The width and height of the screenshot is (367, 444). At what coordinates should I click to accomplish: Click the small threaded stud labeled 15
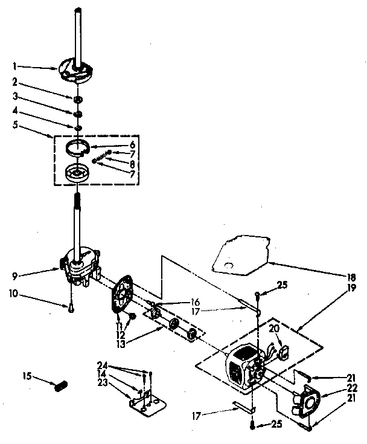point(60,385)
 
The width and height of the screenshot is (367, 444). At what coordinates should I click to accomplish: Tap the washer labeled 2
point(78,99)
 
